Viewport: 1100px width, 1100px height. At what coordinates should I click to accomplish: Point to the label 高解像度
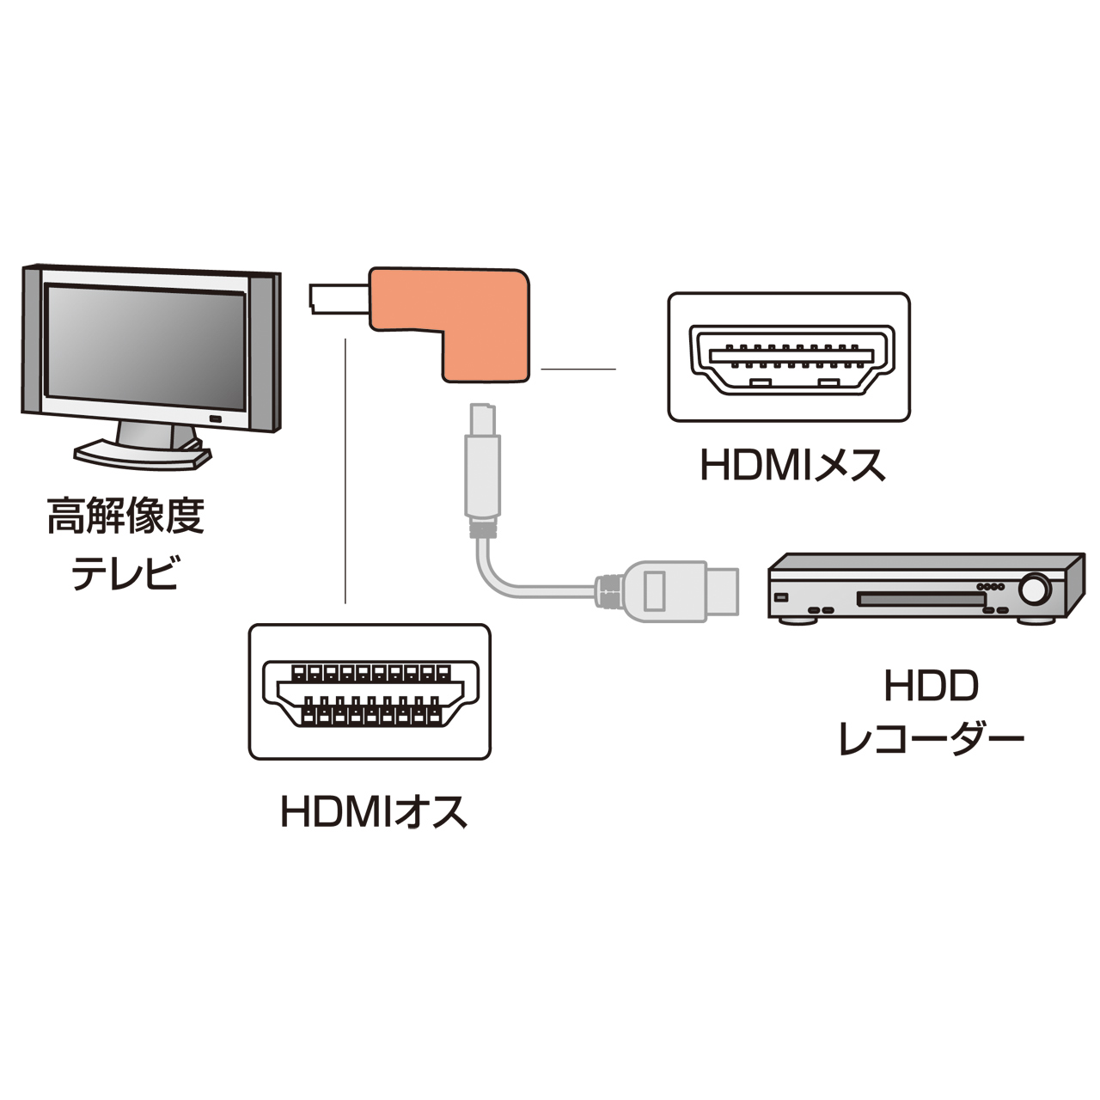point(125,516)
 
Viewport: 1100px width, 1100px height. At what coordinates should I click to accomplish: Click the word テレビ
point(125,573)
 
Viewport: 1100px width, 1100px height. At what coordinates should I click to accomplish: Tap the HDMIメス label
point(792,466)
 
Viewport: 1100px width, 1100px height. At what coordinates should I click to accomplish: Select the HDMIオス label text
point(374,811)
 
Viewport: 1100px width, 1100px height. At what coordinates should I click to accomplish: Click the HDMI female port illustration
point(788,357)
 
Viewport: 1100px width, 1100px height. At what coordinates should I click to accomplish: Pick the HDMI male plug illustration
point(370,692)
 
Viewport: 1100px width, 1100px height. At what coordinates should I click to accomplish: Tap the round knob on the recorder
point(1036,590)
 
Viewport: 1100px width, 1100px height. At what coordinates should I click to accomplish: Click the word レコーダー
point(931,737)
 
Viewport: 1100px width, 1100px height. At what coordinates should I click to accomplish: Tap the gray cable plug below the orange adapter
point(482,468)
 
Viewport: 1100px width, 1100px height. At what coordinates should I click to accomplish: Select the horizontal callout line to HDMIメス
point(578,370)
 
